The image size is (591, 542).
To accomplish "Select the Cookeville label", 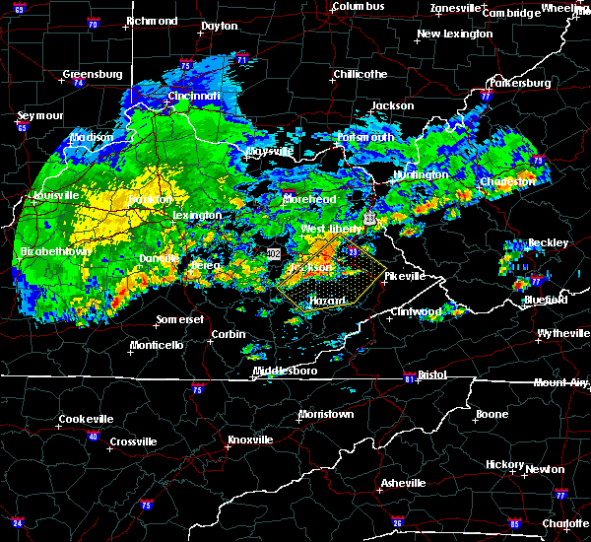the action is tap(86, 419).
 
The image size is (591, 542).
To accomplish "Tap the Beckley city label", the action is tap(549, 242).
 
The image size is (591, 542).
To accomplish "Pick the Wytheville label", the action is tap(562, 334).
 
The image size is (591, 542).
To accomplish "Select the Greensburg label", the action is tap(92, 74).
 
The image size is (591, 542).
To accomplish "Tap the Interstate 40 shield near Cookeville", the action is tap(94, 436).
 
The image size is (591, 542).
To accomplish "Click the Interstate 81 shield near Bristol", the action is tap(408, 378).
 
